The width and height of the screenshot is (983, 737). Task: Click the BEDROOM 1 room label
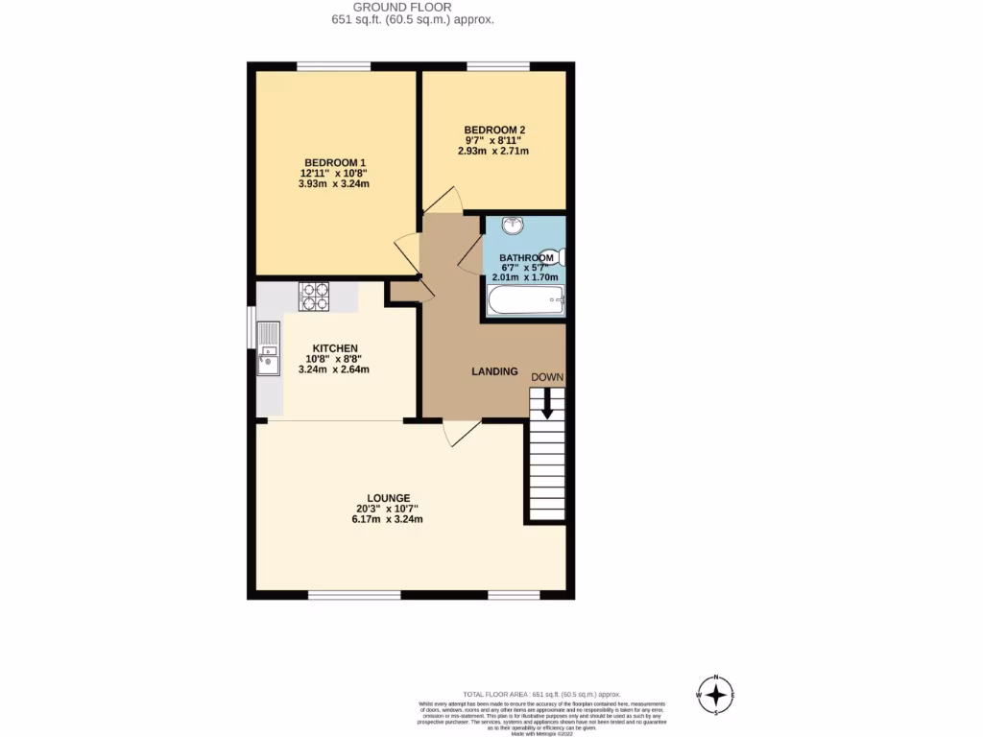pos(335,162)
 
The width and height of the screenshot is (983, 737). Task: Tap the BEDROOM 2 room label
pos(494,130)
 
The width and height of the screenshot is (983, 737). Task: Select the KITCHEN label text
pos(334,347)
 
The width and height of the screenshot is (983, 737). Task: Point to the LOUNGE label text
pos(387,497)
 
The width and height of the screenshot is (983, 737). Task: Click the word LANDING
pos(494,371)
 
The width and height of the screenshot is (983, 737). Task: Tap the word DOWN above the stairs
pos(547,377)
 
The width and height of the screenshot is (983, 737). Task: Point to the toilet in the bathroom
pos(552,257)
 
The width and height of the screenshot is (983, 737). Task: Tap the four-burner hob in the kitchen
pos(314,297)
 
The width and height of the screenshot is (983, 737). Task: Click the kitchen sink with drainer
pos(267,350)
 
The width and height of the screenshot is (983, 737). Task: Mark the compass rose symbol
pos(715,695)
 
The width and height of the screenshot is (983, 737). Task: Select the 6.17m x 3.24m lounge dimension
pos(387,519)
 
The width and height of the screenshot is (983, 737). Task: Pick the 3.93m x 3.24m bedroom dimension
pos(335,184)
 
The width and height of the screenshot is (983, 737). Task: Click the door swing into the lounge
pos(462,434)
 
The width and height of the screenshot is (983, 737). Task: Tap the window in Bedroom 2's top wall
pos(497,65)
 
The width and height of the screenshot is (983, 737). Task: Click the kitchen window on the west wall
pos(252,328)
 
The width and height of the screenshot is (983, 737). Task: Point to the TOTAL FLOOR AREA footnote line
pos(542,694)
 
